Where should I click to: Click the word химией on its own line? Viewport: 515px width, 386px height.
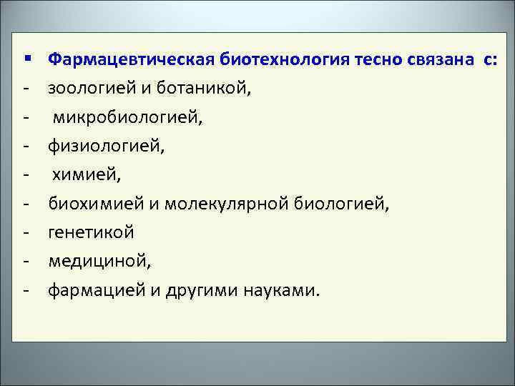[x=78, y=175]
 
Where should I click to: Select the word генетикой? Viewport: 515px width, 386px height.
[x=91, y=233]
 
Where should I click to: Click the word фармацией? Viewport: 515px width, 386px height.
[x=97, y=291]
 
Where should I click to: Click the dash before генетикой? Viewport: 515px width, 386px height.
[x=26, y=234]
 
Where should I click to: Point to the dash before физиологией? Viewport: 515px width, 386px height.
[x=26, y=147]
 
